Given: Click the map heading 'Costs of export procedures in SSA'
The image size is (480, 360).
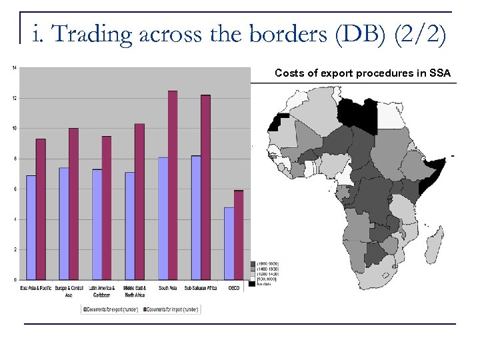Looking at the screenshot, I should tap(362, 73).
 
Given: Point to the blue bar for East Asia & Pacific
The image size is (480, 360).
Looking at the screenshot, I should tap(31, 227).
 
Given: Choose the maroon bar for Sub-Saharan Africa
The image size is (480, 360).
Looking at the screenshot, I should tap(206, 187).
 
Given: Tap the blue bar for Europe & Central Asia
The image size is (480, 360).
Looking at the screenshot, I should tap(64, 223).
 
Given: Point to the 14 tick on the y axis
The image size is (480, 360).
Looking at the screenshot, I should tap(15, 67).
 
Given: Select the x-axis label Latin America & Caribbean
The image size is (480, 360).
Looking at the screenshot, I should tap(102, 291).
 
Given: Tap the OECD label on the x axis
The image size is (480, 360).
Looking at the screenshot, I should tap(234, 289).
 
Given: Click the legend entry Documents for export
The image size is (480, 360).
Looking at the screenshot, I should tap(109, 309).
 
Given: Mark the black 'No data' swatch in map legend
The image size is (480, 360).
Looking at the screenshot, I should tap(252, 284).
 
